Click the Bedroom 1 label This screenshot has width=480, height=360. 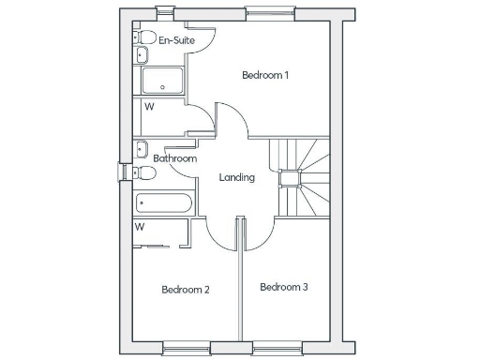point(264,75)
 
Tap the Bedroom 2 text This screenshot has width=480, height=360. point(185,290)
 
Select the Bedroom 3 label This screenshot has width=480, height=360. point(284,287)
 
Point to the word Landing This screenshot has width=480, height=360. point(236,177)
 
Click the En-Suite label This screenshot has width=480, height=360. point(176,40)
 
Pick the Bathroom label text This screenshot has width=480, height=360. point(175,159)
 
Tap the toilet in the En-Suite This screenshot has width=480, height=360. point(144,37)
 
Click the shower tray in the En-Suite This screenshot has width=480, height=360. point(163,82)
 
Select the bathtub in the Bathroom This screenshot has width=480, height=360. point(163,203)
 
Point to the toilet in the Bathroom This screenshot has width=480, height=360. point(143,173)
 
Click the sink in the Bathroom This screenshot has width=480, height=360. point(141,148)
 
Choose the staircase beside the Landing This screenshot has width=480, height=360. point(300,178)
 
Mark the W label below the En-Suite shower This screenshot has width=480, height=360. point(148,106)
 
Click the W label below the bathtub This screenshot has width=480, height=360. point(140,227)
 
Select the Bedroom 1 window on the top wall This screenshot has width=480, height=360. point(260,13)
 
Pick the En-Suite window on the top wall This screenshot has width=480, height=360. point(164,13)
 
